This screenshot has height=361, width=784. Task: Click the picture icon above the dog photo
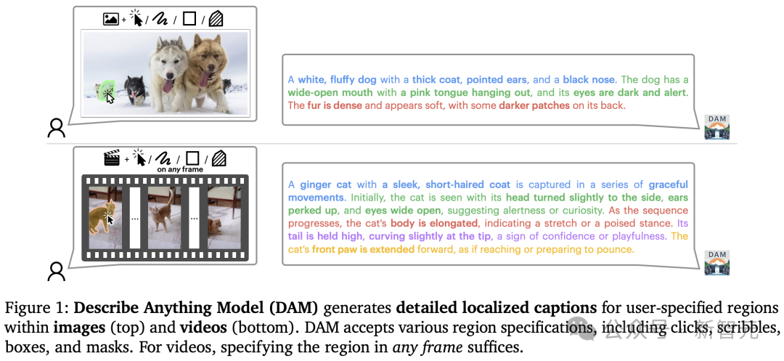coord(110,19)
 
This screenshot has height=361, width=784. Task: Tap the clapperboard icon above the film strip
coord(112,158)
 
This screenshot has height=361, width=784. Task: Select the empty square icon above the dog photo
coord(189,18)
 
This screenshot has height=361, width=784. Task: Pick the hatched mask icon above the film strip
coord(219,158)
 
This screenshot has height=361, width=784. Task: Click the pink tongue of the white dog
coord(168,86)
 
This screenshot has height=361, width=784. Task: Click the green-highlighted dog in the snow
coord(107,92)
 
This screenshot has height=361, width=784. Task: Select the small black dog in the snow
coord(134,89)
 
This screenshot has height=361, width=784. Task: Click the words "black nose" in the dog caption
coord(589,79)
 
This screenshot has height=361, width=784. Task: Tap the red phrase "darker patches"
coord(534,105)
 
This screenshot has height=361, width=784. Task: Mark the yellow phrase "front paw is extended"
coord(363,249)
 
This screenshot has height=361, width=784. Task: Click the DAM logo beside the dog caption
coord(717,127)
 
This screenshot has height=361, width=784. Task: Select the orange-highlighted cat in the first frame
coord(102,216)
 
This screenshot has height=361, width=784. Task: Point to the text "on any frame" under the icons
coord(180,169)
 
